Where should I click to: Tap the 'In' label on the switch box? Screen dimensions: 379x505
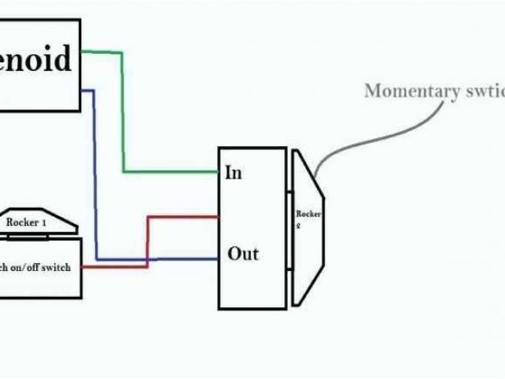pos(234,172)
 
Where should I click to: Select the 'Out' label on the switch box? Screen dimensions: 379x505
pos(243,254)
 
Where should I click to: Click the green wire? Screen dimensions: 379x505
pos(123,118)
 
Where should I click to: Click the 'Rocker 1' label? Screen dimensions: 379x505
pos(27,223)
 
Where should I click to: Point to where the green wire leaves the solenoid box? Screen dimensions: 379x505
pos(81,52)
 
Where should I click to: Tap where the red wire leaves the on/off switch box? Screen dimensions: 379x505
pos(82,266)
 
